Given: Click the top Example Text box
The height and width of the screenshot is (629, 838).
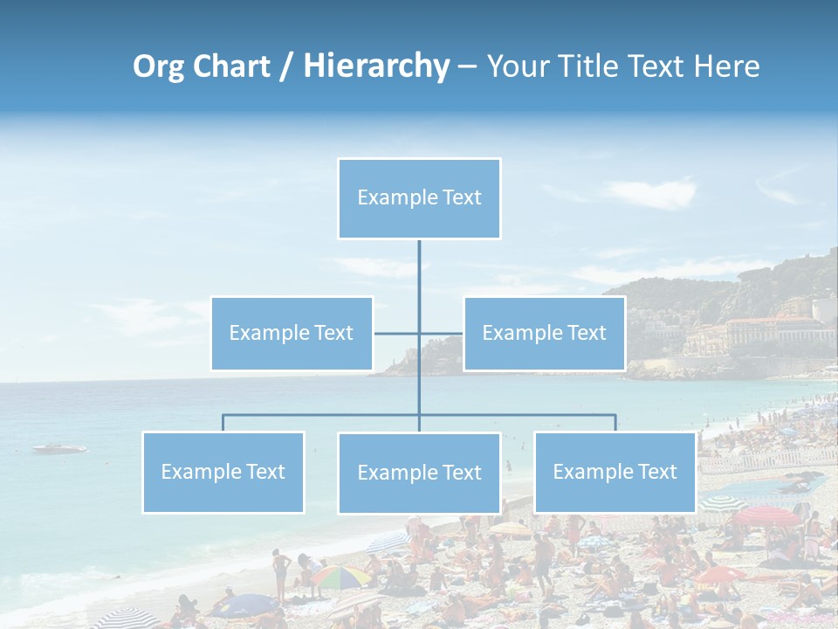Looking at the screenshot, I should [419, 198].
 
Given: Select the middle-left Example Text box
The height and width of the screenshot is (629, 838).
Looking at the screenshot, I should [292, 334].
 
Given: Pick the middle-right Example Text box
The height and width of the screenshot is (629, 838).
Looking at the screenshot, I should [544, 334].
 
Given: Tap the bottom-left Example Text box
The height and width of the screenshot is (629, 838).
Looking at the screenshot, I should [223, 473].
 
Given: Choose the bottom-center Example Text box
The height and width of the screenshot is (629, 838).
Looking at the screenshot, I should [419, 473].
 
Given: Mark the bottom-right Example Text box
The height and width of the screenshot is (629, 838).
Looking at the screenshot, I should [615, 473].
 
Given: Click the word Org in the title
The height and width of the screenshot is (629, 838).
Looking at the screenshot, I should [158, 66].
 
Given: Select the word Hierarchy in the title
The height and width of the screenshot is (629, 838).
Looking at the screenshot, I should [375, 66].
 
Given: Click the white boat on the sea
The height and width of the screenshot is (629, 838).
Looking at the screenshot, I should [59, 449].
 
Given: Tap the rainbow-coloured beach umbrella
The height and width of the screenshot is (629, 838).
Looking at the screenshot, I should [341, 576].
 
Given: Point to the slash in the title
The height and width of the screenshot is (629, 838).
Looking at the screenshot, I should [286, 66].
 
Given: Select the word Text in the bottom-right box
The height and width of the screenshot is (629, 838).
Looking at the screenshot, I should [657, 473].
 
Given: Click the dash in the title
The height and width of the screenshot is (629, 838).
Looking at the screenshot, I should [467, 66].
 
